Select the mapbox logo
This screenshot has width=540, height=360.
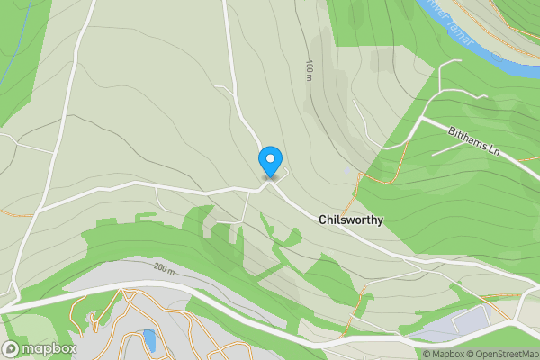point(40,349)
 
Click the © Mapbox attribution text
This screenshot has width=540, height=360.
point(445,354)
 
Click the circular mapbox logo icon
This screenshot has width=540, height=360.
point(12,349)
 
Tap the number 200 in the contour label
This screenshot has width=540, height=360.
point(159,267)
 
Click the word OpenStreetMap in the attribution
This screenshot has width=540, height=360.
point(507,354)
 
